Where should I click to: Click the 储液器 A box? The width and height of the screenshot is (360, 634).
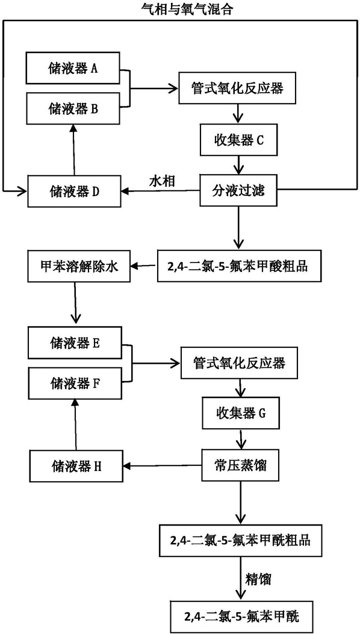[x=73, y=68]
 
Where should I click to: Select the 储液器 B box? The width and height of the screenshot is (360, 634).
[x=73, y=108]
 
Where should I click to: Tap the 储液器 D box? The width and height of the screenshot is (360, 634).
[x=73, y=191]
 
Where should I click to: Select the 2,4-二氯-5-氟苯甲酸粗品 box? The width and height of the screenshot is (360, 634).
[x=237, y=266]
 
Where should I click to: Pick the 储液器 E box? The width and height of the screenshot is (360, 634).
[x=74, y=343]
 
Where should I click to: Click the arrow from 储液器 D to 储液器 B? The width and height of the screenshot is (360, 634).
[x=73, y=149]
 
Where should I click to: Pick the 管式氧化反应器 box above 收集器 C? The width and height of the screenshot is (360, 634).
[x=236, y=88]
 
